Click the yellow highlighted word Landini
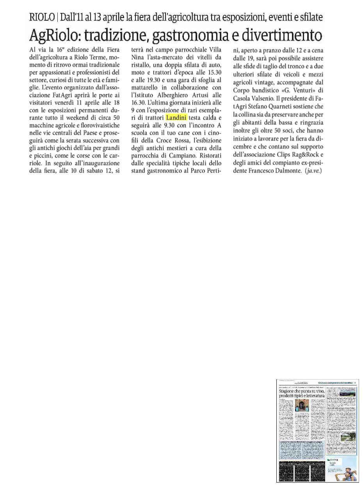(x=176, y=118)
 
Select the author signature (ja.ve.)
(x=314, y=171)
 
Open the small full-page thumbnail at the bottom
(x=318, y=430)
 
